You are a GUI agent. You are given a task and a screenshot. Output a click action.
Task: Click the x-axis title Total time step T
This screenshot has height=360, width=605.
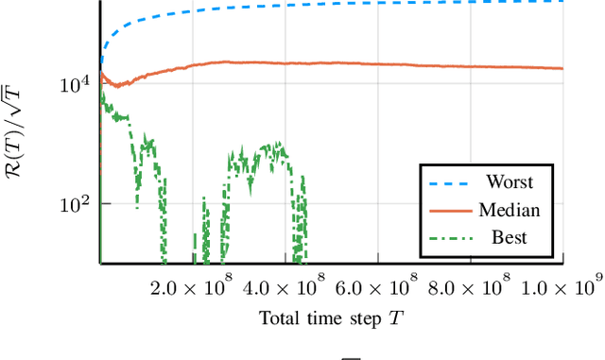pos(331,317)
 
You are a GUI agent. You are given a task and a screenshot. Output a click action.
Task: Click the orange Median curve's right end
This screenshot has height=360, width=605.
pos(562,68)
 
